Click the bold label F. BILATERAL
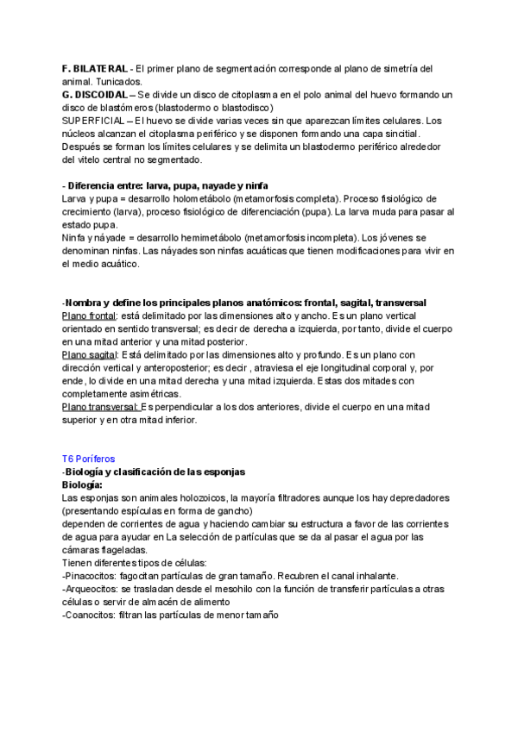94,68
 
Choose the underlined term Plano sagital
90,354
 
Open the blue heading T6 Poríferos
88,459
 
